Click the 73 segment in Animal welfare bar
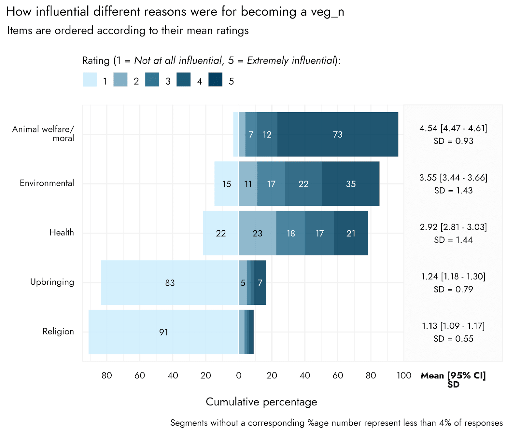[338, 134]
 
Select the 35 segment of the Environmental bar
[351, 184]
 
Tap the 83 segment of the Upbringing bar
[170, 283]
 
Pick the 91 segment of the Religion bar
[163, 332]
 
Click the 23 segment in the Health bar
[257, 233]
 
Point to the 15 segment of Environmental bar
[227, 184]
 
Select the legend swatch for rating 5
[216, 80]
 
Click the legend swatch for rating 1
[90, 80]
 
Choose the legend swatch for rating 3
[152, 80]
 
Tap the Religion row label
[58, 332]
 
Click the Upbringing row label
[52, 282]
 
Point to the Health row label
[62, 233]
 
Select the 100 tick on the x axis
[404, 375]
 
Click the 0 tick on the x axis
[239, 375]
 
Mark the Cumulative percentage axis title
[261, 402]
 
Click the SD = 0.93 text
[453, 141]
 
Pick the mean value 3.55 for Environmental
[428, 178]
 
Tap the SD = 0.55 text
[453, 339]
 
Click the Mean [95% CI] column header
[453, 376]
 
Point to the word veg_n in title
[327, 12]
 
